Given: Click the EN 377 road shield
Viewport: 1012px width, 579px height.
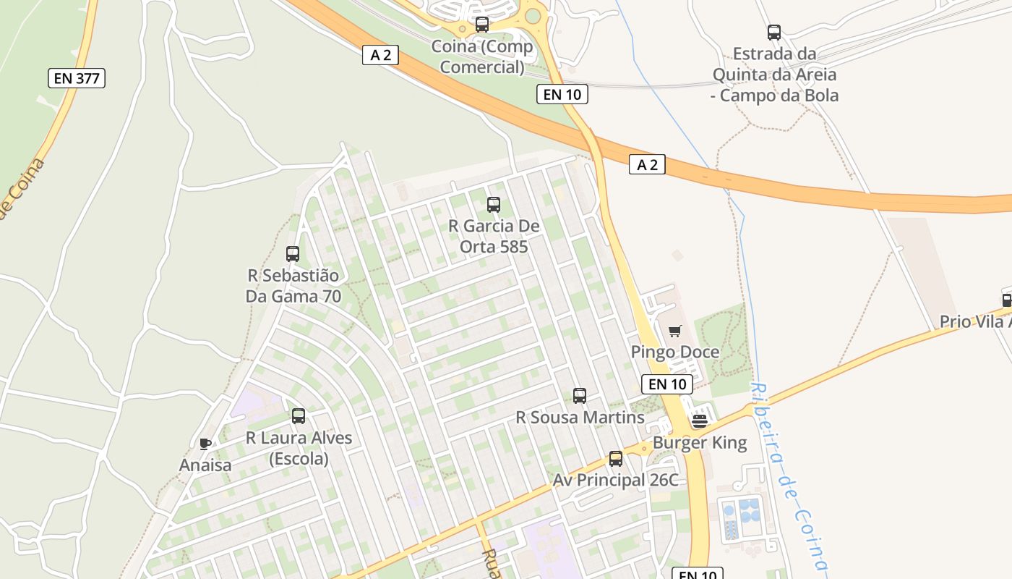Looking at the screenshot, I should [77, 78].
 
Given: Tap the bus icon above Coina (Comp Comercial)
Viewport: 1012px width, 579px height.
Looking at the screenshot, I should [482, 25].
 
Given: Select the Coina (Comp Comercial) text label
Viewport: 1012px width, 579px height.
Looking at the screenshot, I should [482, 56].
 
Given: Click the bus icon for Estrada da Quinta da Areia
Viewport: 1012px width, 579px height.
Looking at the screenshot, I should [774, 32].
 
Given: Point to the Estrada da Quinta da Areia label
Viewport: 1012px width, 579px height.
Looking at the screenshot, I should [774, 74].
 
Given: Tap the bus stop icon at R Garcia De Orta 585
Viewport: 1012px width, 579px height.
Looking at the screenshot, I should [494, 204].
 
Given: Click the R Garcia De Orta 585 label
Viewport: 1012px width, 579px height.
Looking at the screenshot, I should [494, 236].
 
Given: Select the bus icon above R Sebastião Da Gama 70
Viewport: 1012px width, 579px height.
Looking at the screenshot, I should [293, 253].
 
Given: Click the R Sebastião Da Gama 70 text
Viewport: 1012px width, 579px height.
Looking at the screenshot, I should [293, 286].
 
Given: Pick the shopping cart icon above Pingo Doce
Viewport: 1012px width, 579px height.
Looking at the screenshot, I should [675, 331].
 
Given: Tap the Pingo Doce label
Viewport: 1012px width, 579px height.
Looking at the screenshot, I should [675, 352].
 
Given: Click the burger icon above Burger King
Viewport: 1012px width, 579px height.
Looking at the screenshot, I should [699, 420].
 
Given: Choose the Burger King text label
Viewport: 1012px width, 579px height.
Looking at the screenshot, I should [700, 442].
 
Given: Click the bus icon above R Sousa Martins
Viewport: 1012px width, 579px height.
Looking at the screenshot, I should [580, 395].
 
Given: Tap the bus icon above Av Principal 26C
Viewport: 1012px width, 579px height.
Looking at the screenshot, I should [616, 458].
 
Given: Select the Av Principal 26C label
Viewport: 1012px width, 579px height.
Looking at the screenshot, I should [616, 480].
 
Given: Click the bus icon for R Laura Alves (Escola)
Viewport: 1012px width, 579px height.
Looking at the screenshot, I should [299, 415].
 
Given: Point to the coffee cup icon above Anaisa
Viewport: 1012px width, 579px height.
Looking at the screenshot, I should [205, 444].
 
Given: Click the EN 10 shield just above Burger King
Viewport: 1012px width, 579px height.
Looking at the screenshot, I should [666, 384].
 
